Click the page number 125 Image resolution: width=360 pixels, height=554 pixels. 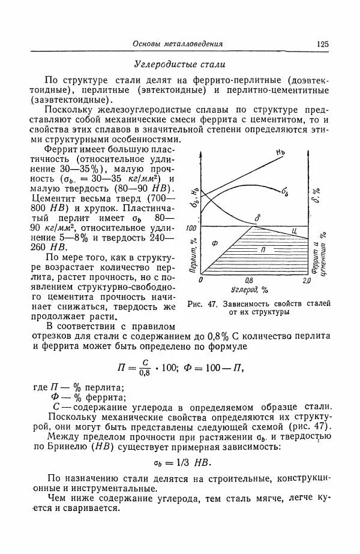point(323,44)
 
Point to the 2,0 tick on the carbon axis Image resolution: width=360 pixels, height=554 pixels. point(306,280)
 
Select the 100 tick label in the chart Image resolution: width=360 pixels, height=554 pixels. point(192,228)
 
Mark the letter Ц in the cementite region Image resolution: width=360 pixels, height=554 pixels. point(294,231)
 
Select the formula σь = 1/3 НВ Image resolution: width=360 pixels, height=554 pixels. point(179,463)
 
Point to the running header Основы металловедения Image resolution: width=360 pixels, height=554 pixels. point(178,44)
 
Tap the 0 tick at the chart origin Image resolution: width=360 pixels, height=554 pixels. point(201,280)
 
